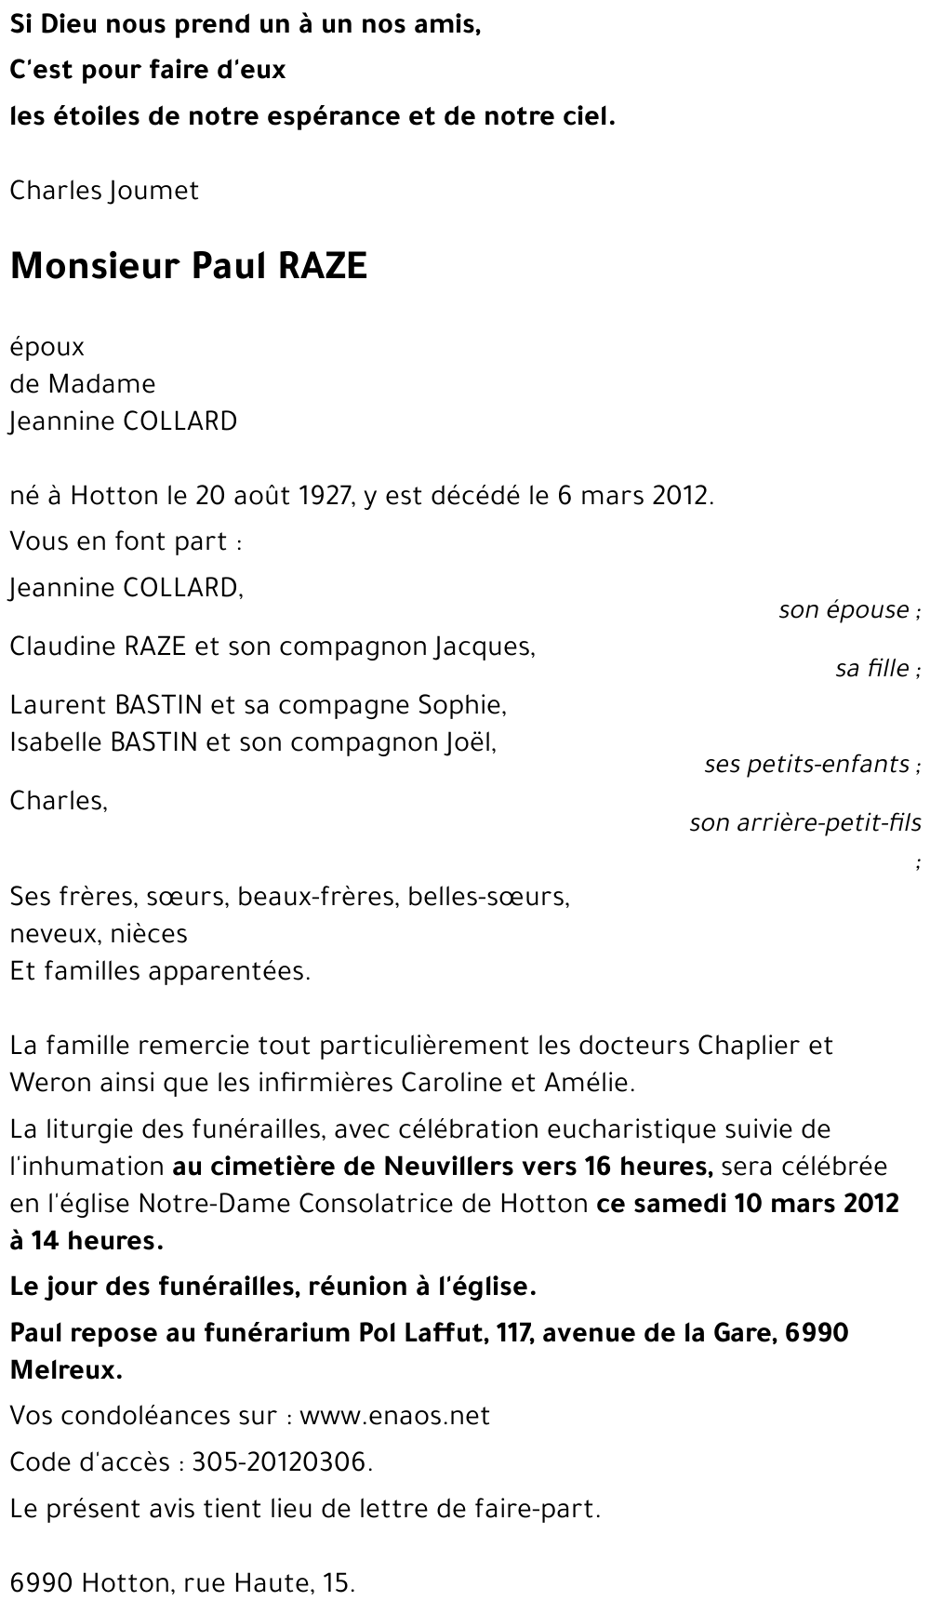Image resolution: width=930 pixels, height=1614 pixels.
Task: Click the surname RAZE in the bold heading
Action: (322, 267)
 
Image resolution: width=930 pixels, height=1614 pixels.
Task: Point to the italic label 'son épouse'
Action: (844, 610)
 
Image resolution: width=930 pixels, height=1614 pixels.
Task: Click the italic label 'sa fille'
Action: (872, 669)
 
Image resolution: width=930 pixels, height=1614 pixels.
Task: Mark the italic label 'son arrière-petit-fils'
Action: (805, 823)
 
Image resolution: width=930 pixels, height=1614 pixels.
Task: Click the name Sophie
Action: (467, 705)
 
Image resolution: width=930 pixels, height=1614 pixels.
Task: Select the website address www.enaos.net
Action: (394, 1417)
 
